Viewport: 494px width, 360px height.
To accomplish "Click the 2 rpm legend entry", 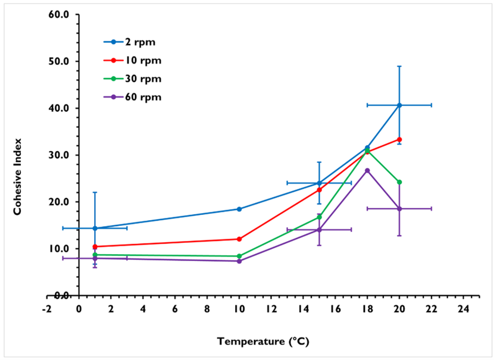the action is [x=130, y=42].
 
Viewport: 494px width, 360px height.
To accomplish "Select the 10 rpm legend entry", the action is [x=132, y=60].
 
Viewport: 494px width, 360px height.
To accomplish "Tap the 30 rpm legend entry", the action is [x=132, y=79].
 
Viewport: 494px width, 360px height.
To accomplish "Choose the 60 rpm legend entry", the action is [x=132, y=96].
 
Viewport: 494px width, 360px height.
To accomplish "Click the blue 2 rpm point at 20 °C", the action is [x=399, y=105].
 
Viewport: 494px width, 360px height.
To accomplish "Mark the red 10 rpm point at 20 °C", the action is [x=399, y=139].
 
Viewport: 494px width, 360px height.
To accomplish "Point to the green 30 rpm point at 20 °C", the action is [x=399, y=182].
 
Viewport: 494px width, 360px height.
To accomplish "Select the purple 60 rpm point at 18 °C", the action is [x=367, y=171].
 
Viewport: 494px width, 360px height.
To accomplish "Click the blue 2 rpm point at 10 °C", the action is [x=239, y=209].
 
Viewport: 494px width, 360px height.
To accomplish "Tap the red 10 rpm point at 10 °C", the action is [x=239, y=239].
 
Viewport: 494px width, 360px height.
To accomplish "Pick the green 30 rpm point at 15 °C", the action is [x=319, y=217].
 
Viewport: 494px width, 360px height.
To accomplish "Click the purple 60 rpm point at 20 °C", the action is [x=399, y=209].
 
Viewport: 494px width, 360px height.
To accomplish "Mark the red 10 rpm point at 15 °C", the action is [x=319, y=190].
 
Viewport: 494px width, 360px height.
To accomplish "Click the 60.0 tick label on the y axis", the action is [x=59, y=14].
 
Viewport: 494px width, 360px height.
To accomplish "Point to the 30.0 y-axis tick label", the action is [x=59, y=155].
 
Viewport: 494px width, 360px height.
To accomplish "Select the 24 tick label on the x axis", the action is [x=464, y=309].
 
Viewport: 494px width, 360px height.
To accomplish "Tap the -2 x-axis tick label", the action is [x=47, y=309].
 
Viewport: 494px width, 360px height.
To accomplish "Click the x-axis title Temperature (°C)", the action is [x=263, y=342].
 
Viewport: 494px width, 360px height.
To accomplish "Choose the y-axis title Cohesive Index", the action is [x=18, y=177].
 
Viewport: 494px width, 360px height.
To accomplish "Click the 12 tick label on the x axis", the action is [x=271, y=309].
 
